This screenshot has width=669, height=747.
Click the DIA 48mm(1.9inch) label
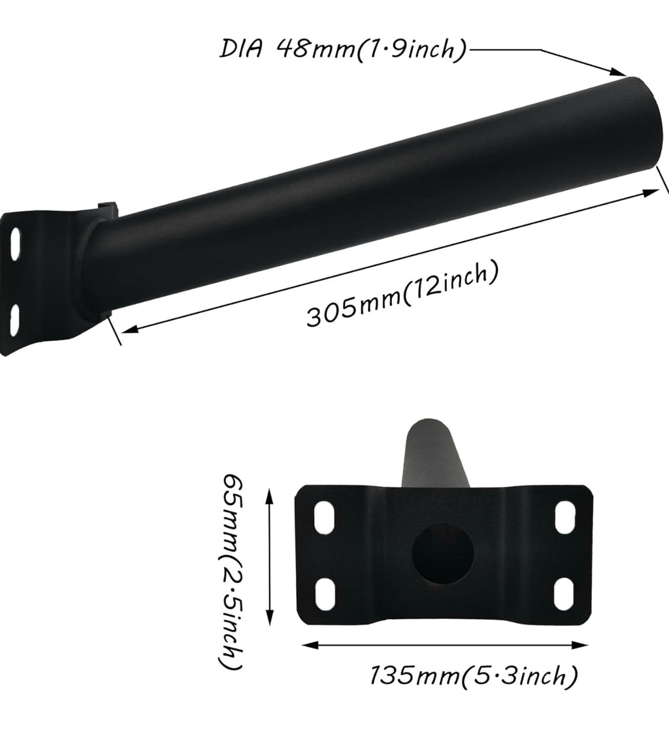coord(342,50)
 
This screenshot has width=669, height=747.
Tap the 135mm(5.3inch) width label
coord(474,675)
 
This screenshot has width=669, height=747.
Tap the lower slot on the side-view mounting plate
coord(14,315)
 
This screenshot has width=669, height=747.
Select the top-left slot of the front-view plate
coord(324,517)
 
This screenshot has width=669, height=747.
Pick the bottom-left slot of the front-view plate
coord(325,593)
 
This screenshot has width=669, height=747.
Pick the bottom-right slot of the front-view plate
coord(564,593)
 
